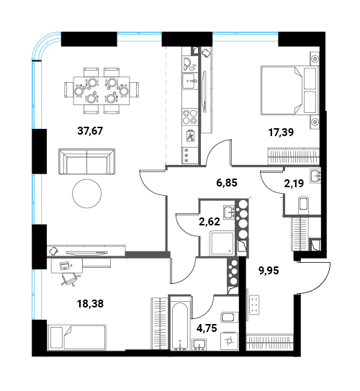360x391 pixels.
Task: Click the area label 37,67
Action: (90, 130)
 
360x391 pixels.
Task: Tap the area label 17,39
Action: (281, 132)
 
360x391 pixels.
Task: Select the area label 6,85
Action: (227, 183)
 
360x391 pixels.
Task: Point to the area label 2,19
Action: (294, 184)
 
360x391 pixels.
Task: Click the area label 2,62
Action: (210, 222)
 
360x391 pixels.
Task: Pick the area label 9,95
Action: (269, 270)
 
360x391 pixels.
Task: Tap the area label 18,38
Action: (91, 304)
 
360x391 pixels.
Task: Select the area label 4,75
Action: (207, 328)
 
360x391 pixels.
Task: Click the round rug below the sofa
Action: (86, 194)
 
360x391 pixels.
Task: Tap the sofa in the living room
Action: (86, 161)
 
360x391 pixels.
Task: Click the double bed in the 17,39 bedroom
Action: (289, 90)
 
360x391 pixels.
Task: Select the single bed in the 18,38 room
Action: (78, 337)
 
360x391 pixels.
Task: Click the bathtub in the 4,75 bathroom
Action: (179, 323)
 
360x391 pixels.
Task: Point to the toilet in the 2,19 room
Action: (303, 205)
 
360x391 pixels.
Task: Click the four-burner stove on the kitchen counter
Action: (190, 117)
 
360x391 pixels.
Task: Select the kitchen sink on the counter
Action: (190, 81)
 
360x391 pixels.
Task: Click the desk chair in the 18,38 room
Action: (71, 279)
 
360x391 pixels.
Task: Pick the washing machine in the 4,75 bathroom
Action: (229, 340)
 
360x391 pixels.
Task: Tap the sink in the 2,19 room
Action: (315, 176)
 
